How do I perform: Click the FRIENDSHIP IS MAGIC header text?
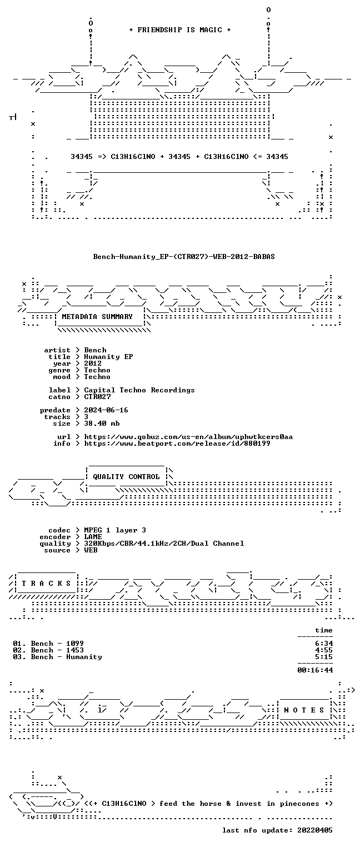(179, 30)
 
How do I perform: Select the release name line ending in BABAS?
(184, 257)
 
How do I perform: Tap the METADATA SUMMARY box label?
(97, 316)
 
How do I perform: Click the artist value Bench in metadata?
(96, 350)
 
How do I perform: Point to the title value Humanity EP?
(108, 357)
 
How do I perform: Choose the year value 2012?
(93, 363)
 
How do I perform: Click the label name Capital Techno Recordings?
(139, 390)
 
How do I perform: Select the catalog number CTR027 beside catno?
(97, 397)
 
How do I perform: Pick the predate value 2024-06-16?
(106, 410)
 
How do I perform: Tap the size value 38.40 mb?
(102, 423)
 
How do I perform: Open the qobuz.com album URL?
(188, 437)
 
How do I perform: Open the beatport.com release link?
(177, 444)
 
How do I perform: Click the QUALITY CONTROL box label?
(126, 477)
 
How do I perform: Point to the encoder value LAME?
(93, 536)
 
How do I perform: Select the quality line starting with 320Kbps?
(164, 544)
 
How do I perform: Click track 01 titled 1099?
(48, 643)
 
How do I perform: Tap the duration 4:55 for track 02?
(324, 650)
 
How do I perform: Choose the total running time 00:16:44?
(315, 670)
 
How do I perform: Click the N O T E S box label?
(304, 710)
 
